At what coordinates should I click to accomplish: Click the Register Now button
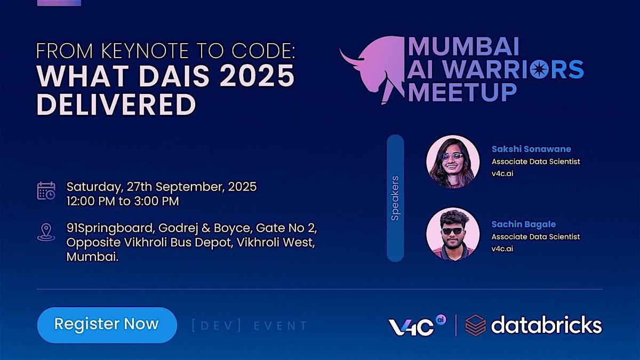tap(107, 325)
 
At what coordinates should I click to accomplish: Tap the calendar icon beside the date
tap(46, 190)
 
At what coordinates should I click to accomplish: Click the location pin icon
tap(46, 233)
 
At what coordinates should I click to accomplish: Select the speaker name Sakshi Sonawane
tap(531, 149)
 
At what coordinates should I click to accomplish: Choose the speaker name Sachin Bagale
tap(523, 224)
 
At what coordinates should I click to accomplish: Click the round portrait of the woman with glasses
tap(453, 162)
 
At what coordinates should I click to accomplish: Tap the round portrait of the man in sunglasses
tap(453, 234)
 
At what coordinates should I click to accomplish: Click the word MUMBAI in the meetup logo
tap(463, 46)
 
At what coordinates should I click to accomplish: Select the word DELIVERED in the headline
tap(117, 105)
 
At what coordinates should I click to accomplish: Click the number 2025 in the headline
tap(257, 76)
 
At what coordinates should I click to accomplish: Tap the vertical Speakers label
tap(395, 198)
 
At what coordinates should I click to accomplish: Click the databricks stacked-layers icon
tap(475, 325)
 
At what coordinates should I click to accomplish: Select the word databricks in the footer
tap(547, 325)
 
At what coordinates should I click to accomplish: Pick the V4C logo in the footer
tap(417, 326)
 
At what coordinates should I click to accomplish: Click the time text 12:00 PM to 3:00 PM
tap(123, 201)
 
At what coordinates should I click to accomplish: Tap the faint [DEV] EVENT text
tap(250, 325)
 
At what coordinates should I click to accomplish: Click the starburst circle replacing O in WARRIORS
tap(539, 69)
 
